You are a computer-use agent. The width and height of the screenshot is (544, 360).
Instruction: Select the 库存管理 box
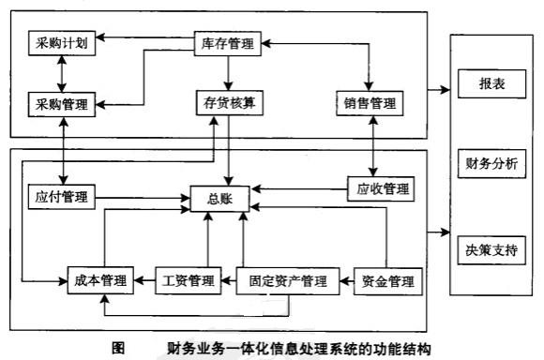pyautogui.click(x=229, y=42)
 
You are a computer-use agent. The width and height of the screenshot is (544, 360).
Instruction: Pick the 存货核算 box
pyautogui.click(x=229, y=102)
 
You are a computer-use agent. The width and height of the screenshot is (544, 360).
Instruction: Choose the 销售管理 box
pyautogui.click(x=371, y=102)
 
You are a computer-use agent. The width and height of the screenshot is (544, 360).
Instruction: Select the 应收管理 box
pyautogui.click(x=379, y=187)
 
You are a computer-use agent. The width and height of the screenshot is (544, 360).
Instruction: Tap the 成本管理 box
pyautogui.click(x=98, y=279)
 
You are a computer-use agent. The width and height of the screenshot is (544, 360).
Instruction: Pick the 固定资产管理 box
pyautogui.click(x=287, y=279)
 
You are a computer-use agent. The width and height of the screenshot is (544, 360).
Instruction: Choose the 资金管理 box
pyautogui.click(x=387, y=279)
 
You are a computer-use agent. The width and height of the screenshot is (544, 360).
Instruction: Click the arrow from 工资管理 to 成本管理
pyautogui.click(x=142, y=279)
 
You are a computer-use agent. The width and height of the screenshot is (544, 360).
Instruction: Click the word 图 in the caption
pyautogui.click(x=118, y=348)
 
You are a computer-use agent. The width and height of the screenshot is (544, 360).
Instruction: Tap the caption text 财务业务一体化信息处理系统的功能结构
pyautogui.click(x=297, y=348)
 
